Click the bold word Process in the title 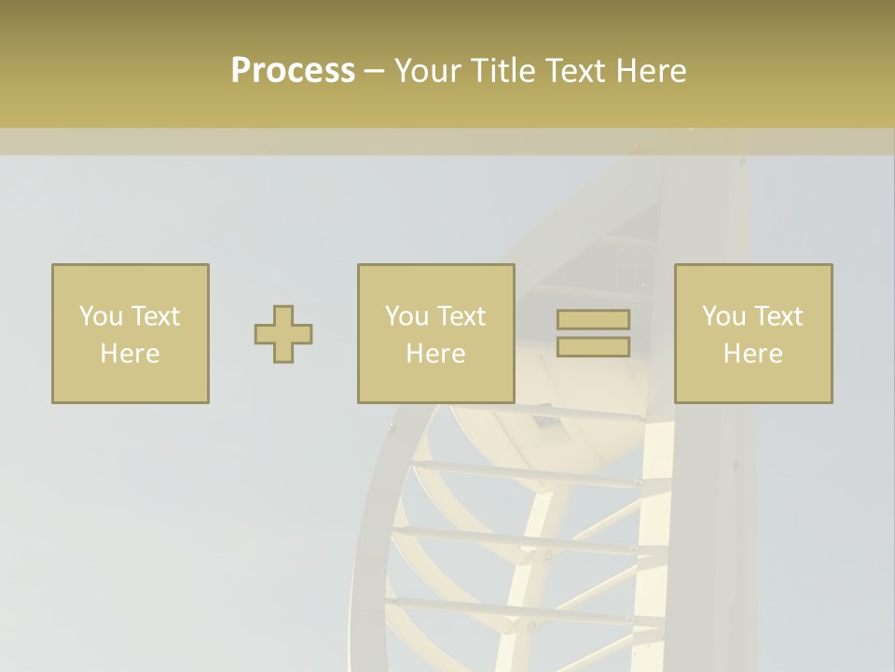coord(293,71)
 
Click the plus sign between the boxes coord(283,334)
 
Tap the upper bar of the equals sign coord(593,320)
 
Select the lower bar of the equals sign coord(593,347)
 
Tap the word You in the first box coord(100,316)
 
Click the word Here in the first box coord(130,354)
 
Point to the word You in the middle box coord(406,316)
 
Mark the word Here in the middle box coord(435,354)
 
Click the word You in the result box coord(723,316)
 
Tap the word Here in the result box coord(752,354)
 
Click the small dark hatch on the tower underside coord(546,422)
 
